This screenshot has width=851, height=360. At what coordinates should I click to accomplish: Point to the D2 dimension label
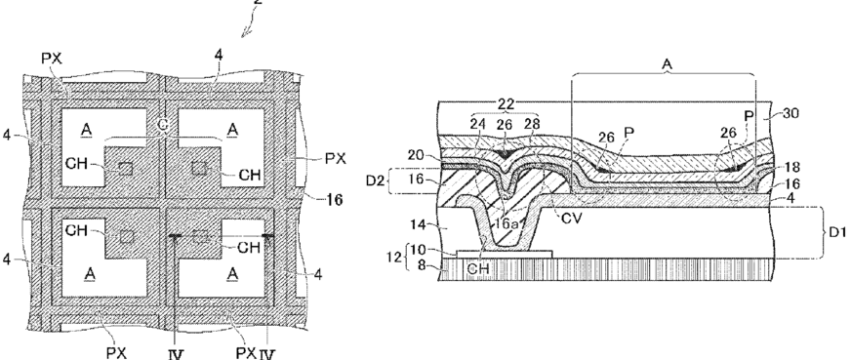tap(375, 180)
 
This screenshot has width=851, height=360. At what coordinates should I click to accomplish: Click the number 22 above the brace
tap(506, 104)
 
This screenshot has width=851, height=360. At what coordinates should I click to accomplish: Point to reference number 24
tap(478, 124)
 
